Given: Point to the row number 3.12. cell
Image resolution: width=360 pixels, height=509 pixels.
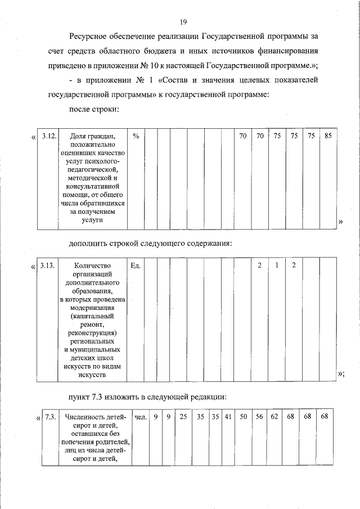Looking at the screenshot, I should tap(49, 136).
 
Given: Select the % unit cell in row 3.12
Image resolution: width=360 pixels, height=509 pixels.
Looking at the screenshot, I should tap(136, 136).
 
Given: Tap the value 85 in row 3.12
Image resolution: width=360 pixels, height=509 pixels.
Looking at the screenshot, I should tap(328, 136).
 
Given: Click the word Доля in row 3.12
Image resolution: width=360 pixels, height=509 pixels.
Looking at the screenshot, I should tap(83, 136).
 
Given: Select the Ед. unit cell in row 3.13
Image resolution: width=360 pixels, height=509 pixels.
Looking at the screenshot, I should tap(135, 265).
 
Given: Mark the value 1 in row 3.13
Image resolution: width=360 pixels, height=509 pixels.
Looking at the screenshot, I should tap(277, 265).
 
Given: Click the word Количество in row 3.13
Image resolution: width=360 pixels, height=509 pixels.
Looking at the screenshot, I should tap(92, 265).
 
